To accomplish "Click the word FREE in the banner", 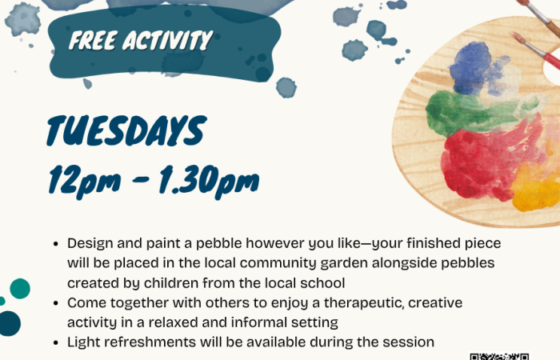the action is coord(93,40).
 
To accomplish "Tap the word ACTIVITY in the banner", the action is coord(168,40).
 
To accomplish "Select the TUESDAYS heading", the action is coord(126,130).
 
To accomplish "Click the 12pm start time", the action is coord(85,181).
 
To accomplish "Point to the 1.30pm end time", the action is coord(209,181).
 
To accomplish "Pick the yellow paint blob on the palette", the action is coord(536,193).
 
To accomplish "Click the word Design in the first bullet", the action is coord(90,243).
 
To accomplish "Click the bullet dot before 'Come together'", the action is coord(55,303).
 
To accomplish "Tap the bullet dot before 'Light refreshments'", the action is coord(55,342).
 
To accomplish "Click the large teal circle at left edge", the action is coord(20,289).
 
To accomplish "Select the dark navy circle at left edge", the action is coord(10,323).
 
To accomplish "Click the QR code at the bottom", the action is coord(499,357).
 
